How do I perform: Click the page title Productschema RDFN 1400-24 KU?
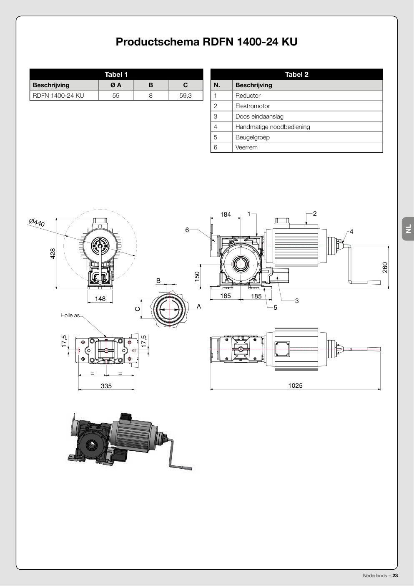click(x=206, y=42)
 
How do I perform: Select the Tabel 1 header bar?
click(x=116, y=74)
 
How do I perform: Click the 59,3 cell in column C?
click(x=185, y=96)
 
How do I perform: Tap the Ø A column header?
click(x=116, y=85)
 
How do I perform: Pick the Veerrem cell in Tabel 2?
click(x=246, y=147)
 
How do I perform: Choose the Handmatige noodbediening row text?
click(x=273, y=127)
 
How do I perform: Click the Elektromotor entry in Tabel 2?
click(x=253, y=106)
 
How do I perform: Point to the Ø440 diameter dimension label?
click(x=37, y=222)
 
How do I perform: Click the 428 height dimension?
click(x=53, y=253)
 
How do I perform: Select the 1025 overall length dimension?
click(x=295, y=385)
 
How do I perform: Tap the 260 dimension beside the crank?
click(x=385, y=268)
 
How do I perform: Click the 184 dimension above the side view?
click(x=226, y=215)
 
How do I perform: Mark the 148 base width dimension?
click(x=100, y=298)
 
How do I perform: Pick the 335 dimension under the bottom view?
click(x=106, y=386)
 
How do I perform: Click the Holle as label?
click(x=70, y=315)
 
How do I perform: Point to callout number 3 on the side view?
click(x=297, y=301)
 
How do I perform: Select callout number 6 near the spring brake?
click(x=187, y=230)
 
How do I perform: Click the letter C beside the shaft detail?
click(x=138, y=309)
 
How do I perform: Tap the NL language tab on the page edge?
click(x=408, y=229)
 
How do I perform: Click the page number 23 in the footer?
click(x=395, y=576)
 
